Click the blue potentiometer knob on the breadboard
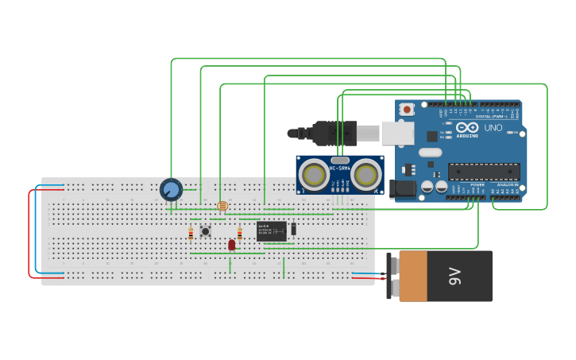click(x=171, y=189)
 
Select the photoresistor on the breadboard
click(x=222, y=206)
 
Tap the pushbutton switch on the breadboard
click(x=205, y=231)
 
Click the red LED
click(x=232, y=245)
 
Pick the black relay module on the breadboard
click(x=271, y=231)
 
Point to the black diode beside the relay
click(x=293, y=229)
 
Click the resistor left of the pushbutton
click(x=191, y=234)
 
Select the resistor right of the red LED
click(x=240, y=234)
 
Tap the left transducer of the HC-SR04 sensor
click(x=314, y=174)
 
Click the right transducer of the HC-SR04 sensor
click(x=365, y=173)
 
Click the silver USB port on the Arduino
click(x=397, y=133)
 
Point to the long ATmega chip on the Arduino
click(x=484, y=171)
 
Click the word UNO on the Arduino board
click(x=493, y=128)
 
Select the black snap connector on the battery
click(x=392, y=276)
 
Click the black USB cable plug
click(x=334, y=133)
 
